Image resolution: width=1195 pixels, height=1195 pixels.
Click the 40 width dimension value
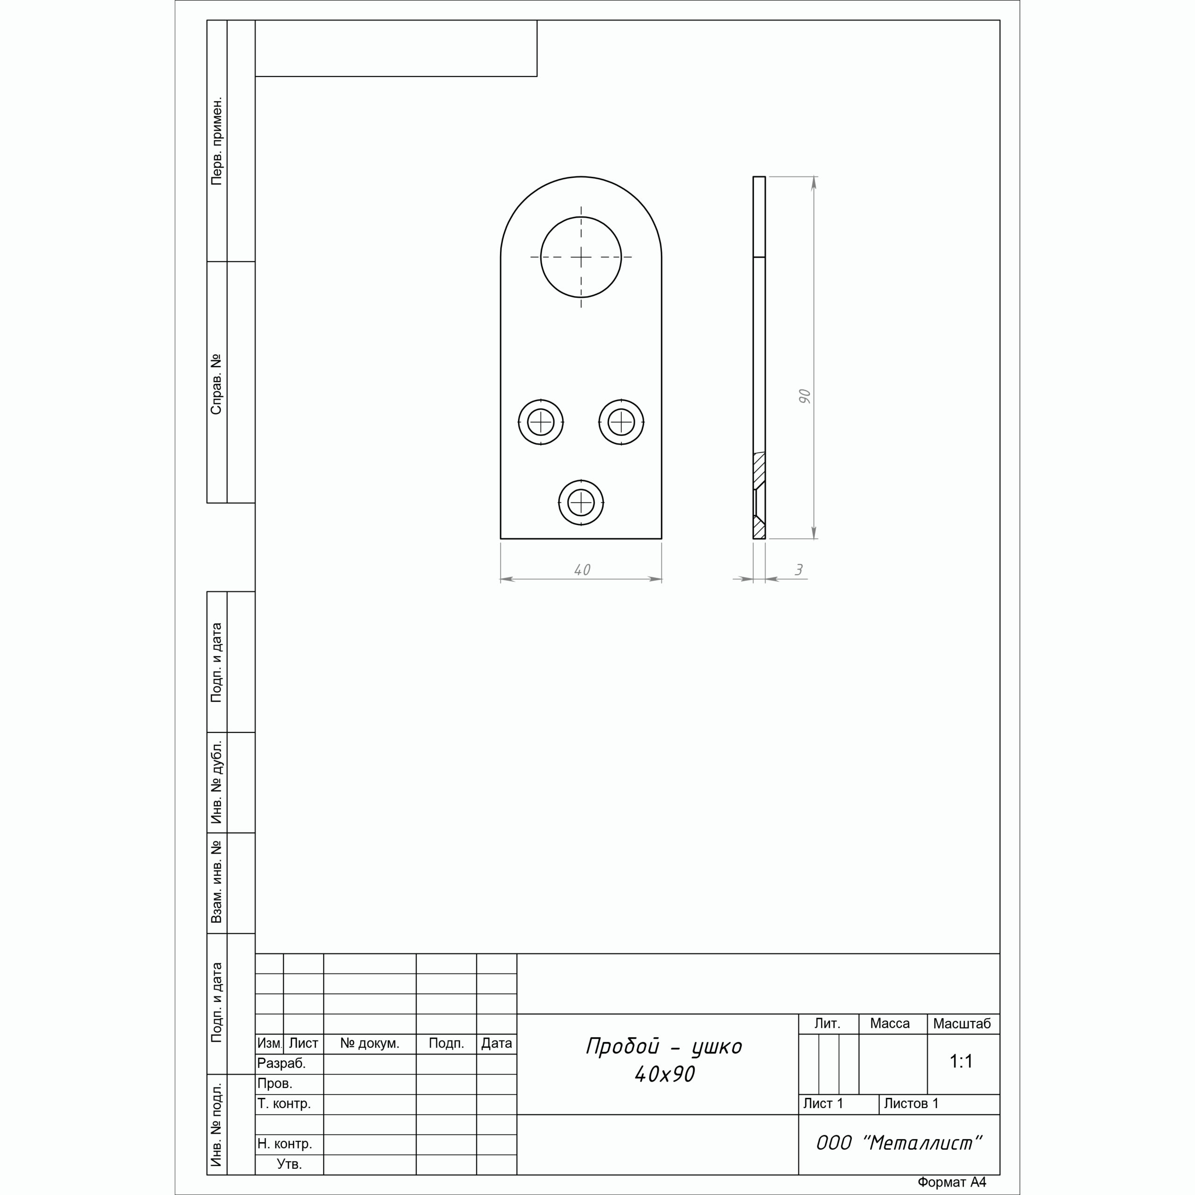coord(582,569)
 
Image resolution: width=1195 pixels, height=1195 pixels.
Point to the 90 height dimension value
coord(804,396)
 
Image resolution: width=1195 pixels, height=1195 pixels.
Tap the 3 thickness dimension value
coord(799,569)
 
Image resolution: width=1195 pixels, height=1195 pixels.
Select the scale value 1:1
coord(961,1061)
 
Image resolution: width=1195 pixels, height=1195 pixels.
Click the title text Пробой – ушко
coord(664,1046)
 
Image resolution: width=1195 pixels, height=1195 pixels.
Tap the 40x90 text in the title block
coord(664,1075)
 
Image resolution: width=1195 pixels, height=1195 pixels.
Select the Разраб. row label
coord(281,1064)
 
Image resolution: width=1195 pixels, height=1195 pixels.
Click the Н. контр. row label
coord(285,1144)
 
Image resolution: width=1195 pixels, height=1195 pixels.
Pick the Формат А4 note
coord(951,1182)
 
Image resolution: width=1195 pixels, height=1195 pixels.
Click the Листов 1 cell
coord(911,1104)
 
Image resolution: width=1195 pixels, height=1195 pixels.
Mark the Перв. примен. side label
coord(217,141)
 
